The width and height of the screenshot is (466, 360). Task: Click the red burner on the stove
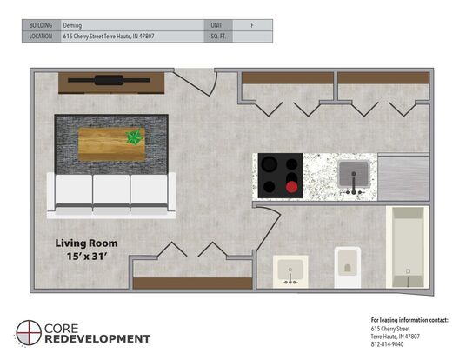pyautogui.click(x=291, y=187)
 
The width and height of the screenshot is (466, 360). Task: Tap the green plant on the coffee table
pyautogui.click(x=134, y=137)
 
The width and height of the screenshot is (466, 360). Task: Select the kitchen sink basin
pyautogui.click(x=354, y=174)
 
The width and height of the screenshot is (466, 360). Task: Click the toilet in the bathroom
pyautogui.click(x=348, y=267)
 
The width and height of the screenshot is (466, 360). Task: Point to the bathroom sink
pyautogui.click(x=290, y=271)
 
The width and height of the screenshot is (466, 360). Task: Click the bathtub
pyautogui.click(x=408, y=247)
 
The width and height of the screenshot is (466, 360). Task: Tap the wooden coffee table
pyautogui.click(x=111, y=144)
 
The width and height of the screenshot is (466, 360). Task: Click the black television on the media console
pyautogui.click(x=109, y=80)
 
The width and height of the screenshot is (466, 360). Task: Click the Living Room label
pyautogui.click(x=86, y=243)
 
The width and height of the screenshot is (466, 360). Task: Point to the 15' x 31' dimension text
pyautogui.click(x=86, y=257)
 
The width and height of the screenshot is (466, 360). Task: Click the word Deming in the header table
pyautogui.click(x=72, y=25)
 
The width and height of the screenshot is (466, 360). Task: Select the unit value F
pyautogui.click(x=252, y=25)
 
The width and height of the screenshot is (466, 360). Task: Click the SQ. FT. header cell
pyautogui.click(x=218, y=37)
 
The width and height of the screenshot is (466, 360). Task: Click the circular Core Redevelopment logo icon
pyautogui.click(x=29, y=333)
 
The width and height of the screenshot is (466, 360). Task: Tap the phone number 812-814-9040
pyautogui.click(x=387, y=344)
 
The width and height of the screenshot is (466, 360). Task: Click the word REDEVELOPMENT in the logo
pyautogui.click(x=97, y=339)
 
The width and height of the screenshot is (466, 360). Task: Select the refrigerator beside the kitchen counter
pyautogui.click(x=403, y=177)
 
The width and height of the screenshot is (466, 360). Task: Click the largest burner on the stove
pyautogui.click(x=270, y=163)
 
